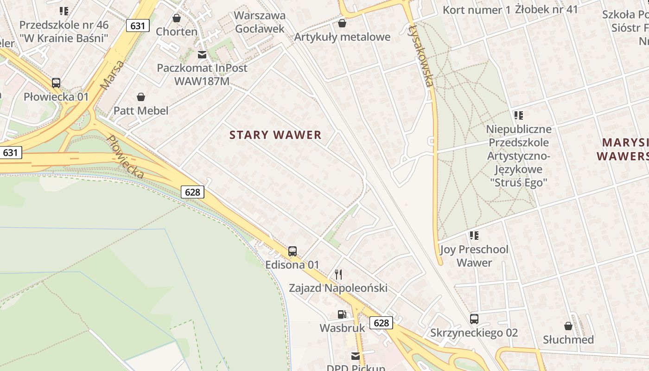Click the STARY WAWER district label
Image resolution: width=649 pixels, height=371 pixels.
(x=275, y=135)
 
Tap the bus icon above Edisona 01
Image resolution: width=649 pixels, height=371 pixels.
(x=292, y=251)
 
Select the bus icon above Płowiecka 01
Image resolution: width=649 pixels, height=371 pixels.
(x=56, y=83)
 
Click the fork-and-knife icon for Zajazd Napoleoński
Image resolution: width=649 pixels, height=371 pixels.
(x=338, y=275)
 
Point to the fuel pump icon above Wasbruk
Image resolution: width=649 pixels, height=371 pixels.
(x=342, y=314)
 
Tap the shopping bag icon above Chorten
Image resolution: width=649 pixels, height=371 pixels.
(x=176, y=18)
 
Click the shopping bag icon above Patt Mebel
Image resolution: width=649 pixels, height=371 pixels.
(x=141, y=97)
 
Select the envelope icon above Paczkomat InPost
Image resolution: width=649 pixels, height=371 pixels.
(x=202, y=55)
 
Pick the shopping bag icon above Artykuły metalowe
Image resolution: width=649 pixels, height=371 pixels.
(x=342, y=23)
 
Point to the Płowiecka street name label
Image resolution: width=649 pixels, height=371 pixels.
(x=125, y=157)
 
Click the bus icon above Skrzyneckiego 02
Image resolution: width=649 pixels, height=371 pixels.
(x=474, y=319)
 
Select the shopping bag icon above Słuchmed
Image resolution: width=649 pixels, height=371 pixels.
(x=568, y=326)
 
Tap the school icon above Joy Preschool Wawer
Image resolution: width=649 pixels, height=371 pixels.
(x=474, y=236)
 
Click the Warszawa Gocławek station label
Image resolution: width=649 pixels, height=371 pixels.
(x=260, y=22)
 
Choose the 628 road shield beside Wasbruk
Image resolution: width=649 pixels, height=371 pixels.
(x=381, y=322)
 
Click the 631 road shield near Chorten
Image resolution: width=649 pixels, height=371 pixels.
(x=138, y=26)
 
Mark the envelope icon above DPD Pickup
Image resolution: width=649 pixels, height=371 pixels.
(x=356, y=356)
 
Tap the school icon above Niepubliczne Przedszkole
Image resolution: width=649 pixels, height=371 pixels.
(x=518, y=115)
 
